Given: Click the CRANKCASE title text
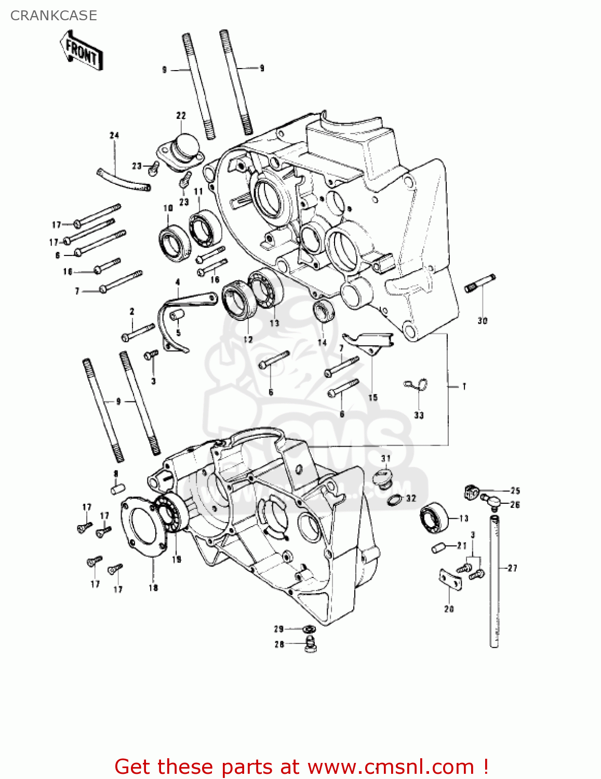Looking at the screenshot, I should (x=54, y=16).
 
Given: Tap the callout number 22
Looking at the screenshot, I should (x=181, y=115).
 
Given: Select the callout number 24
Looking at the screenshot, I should (x=114, y=136).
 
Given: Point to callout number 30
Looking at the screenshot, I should (x=483, y=321).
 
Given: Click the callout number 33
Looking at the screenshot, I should (x=419, y=415).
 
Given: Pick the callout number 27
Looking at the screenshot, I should (x=513, y=568).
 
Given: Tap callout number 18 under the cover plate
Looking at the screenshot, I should (x=153, y=588).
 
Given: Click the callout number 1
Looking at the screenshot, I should (x=464, y=386).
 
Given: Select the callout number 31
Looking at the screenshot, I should (x=385, y=458).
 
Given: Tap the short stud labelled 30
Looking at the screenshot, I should (x=480, y=283).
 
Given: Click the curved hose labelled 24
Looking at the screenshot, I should (x=124, y=180).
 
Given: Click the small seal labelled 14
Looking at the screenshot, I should (x=324, y=311).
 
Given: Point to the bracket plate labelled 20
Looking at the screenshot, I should (x=450, y=580).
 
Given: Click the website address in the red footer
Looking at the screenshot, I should (x=390, y=767).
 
